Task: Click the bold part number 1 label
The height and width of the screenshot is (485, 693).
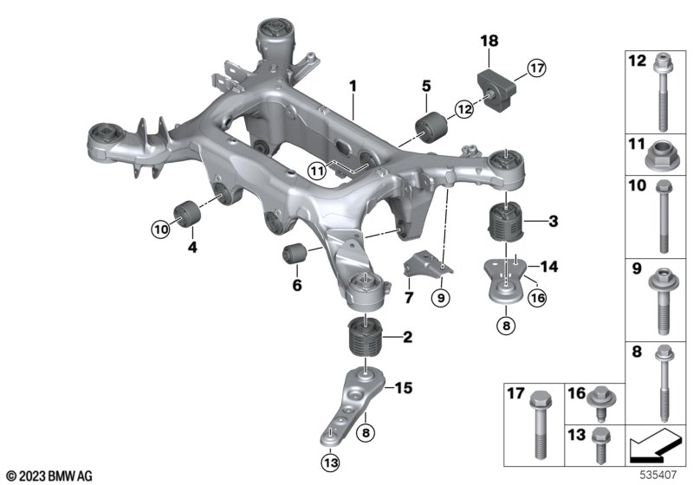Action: point(353,86)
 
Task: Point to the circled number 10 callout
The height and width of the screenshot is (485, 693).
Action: point(159,230)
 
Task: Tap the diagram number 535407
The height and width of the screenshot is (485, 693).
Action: point(660,475)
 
